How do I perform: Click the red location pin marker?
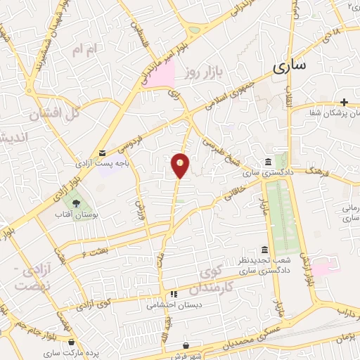pos(181,165)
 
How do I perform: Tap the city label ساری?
pos(289,67)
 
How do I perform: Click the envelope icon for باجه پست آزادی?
pos(103,153)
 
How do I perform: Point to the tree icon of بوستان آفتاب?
pos(75,203)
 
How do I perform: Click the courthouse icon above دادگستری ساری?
pos(269,162)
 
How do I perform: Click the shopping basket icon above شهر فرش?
pos(186,345)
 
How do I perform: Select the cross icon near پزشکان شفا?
pos(344,103)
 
